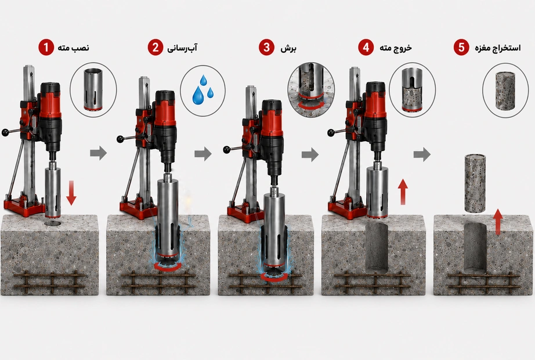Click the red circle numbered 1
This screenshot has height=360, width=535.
pos(46,47)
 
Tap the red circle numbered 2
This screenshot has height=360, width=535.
pos(156,47)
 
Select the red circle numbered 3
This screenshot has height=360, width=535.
pos(266,47)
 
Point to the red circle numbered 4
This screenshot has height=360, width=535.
pos(366,47)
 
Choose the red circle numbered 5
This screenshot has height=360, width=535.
pos(461,47)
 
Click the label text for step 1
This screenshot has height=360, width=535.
pos(73,48)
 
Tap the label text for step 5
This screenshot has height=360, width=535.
pos(498,48)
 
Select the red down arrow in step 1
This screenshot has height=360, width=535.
pos(71,193)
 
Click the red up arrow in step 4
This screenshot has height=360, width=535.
pos(403,192)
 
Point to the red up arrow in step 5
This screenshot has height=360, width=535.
pos(498,222)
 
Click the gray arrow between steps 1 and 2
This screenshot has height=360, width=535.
pos(99,153)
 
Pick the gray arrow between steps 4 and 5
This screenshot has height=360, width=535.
pos(422,154)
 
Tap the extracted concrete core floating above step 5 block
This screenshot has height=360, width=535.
pos(475,183)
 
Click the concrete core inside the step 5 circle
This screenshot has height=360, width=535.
pos(505,91)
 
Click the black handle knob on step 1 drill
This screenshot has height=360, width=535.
pos(5,132)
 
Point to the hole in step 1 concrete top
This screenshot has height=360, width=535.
pos(53,224)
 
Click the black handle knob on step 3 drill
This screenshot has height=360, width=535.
pos(227,150)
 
